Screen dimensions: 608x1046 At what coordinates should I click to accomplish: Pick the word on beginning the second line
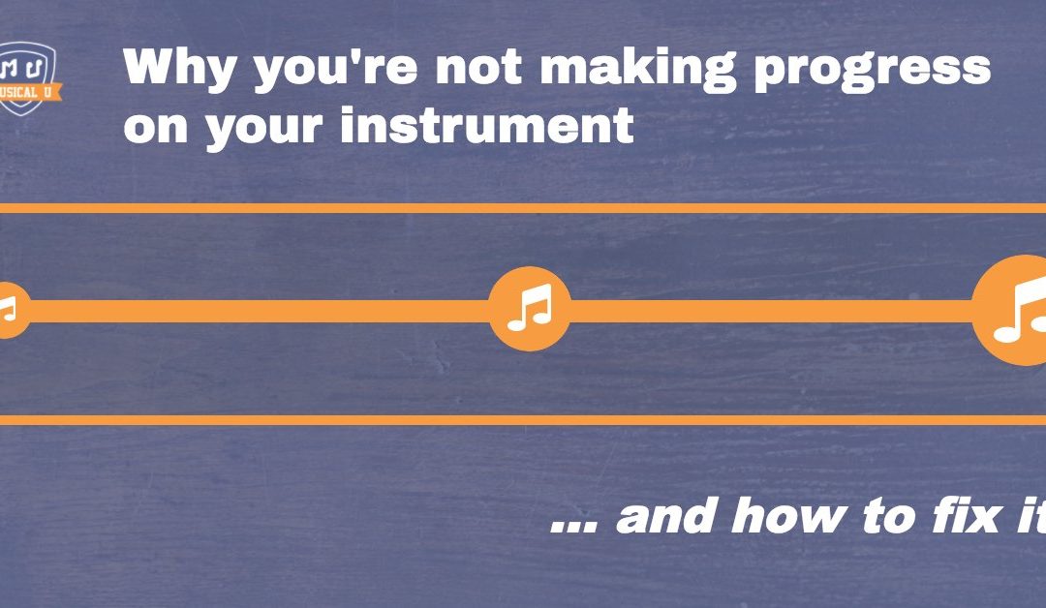point(156,126)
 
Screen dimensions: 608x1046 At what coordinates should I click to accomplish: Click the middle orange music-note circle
point(529,310)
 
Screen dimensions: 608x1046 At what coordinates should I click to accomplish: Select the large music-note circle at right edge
point(1012,310)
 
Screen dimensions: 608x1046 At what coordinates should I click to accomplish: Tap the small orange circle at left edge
point(10,310)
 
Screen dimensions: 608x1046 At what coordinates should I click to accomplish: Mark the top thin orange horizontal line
point(523,208)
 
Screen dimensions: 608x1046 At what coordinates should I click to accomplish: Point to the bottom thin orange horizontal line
point(523,419)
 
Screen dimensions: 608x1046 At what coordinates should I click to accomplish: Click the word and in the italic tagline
point(667,515)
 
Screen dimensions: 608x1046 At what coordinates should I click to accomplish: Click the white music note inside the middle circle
point(529,309)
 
